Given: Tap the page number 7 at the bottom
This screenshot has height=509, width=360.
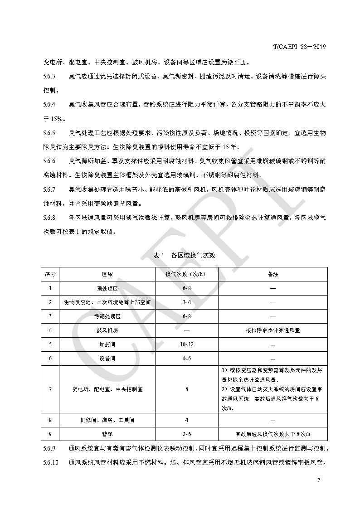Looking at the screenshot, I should (x=319, y=480).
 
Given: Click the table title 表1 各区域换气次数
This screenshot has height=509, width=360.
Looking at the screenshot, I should (x=184, y=255).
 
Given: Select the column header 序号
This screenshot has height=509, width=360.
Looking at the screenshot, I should (x=50, y=275).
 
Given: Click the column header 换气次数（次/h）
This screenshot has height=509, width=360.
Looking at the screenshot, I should (x=186, y=275).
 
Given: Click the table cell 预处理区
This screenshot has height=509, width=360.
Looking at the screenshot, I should (x=107, y=288).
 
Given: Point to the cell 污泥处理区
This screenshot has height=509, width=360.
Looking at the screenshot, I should (x=107, y=316).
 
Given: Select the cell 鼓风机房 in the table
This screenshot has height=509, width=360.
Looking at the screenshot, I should (x=107, y=330).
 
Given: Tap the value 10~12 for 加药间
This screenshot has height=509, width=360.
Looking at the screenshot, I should (x=186, y=344).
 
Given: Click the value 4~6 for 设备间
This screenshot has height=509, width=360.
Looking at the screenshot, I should (x=186, y=358).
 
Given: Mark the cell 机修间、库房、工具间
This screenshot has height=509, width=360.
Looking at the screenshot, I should (x=107, y=420).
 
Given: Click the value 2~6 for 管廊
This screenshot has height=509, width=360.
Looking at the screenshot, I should (x=186, y=434).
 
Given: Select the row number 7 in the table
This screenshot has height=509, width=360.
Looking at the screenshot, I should (x=50, y=389).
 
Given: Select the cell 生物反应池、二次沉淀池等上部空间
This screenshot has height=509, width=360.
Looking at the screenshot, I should (x=107, y=302).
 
